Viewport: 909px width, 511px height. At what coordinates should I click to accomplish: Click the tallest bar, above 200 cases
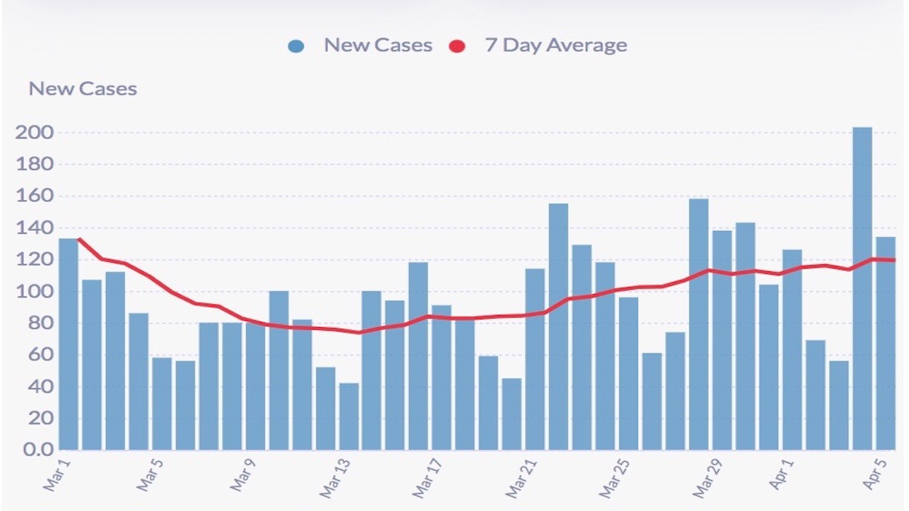tap(862, 288)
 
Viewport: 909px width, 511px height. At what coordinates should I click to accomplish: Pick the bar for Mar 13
tap(349, 416)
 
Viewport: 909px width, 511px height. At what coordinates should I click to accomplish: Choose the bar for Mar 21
tap(536, 359)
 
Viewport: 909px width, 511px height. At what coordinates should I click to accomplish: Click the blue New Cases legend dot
tap(296, 46)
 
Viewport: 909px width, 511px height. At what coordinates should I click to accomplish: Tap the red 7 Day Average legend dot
tap(457, 46)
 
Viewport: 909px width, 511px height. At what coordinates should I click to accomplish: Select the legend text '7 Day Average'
tap(556, 45)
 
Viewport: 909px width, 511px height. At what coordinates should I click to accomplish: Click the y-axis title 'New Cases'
tap(83, 89)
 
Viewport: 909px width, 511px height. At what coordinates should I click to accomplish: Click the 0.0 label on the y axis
tap(35, 450)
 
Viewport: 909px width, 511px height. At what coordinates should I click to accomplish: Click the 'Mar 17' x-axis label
tap(426, 478)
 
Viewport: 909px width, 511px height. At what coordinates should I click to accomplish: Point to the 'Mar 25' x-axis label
tap(612, 478)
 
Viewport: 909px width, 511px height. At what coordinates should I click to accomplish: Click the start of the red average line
tap(79, 239)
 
